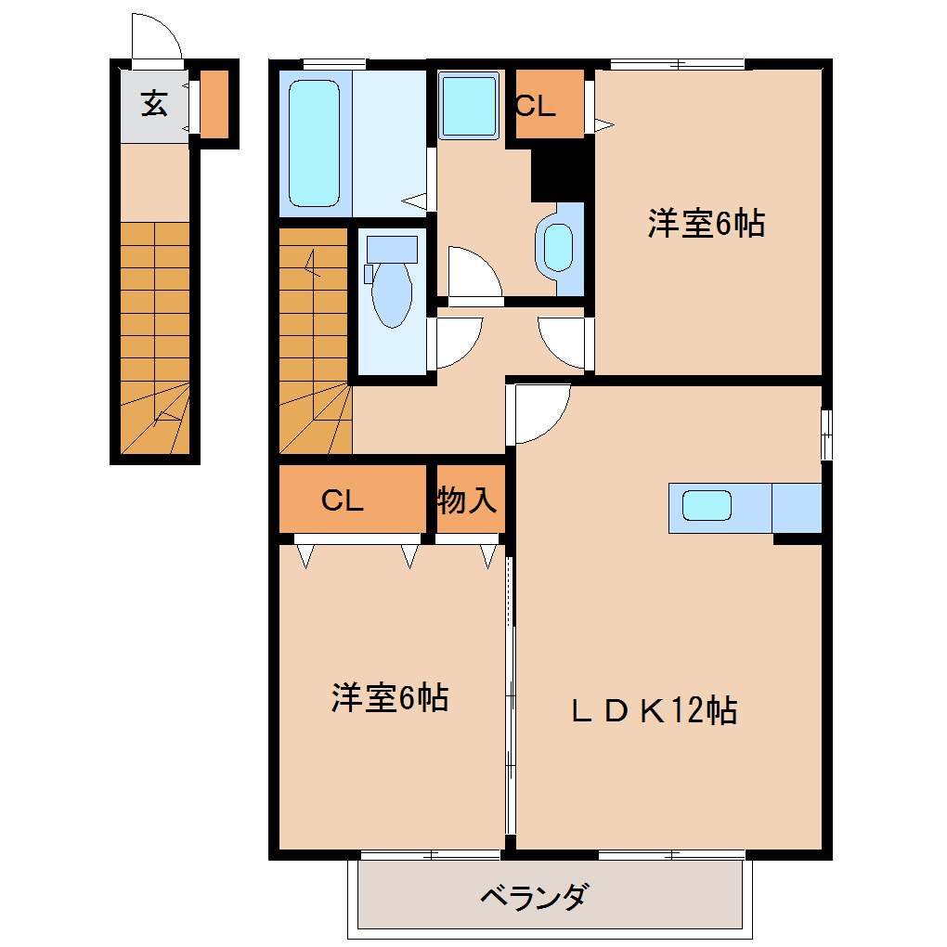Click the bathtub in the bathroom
pos(314,143)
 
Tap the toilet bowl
pos(392,294)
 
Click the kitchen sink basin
pos(707,505)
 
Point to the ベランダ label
pos(533,897)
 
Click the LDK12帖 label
pos(655,710)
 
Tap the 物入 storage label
pos(467,500)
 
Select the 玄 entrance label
pos(155,103)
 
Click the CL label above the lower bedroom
pos(343,500)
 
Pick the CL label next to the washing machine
pos(536,106)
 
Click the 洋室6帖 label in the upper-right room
pos(707,223)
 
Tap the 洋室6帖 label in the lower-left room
pos(390,697)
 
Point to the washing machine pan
pos(469,106)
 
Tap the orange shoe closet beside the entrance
pos(214,104)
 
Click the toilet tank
pos(392,250)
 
